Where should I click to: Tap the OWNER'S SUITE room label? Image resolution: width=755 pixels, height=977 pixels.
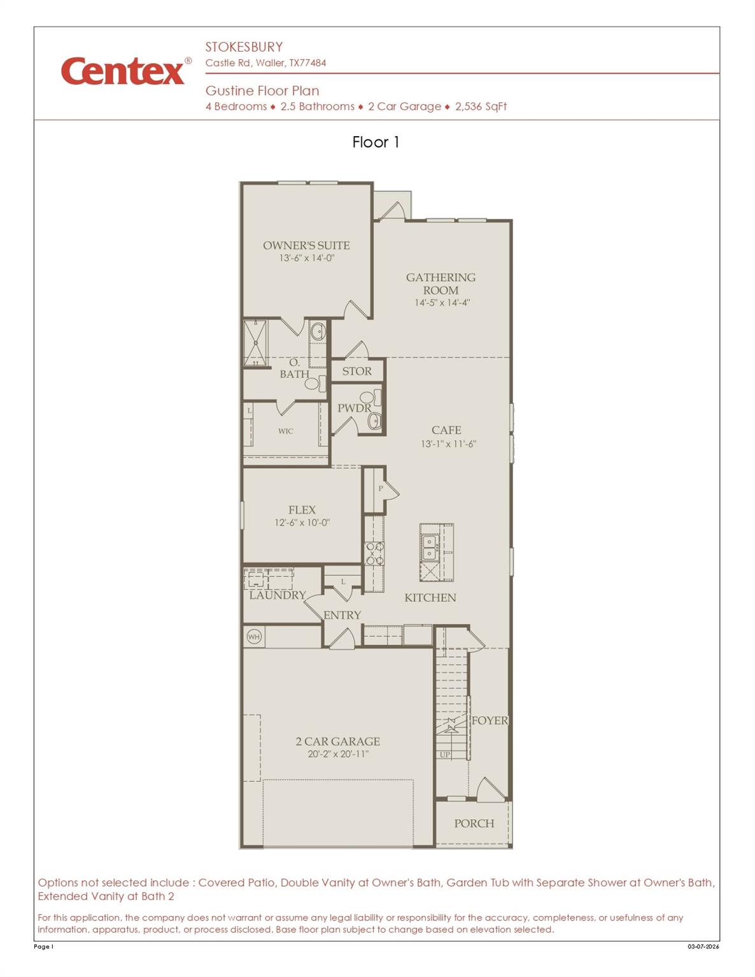[x=306, y=246]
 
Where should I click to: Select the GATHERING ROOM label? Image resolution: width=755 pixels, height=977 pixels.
[x=441, y=284]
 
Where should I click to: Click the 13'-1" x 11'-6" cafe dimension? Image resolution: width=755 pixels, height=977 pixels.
[x=448, y=444]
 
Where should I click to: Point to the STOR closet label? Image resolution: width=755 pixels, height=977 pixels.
[x=356, y=371]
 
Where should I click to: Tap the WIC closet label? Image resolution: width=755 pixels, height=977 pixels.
[x=286, y=431]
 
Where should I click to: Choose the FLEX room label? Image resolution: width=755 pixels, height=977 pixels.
[x=302, y=510]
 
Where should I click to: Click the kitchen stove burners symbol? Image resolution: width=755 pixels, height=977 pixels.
[x=374, y=553]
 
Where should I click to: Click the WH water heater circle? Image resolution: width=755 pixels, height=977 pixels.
[x=254, y=636]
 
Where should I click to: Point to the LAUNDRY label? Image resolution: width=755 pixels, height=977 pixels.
[x=278, y=595]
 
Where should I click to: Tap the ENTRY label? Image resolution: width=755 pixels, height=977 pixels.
[x=342, y=615]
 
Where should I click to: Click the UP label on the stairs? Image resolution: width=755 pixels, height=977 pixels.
[x=444, y=754]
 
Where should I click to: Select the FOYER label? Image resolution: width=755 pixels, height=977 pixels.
[x=490, y=721]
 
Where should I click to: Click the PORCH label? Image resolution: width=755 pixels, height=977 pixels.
[x=474, y=824]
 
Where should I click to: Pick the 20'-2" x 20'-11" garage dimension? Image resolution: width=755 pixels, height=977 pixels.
[x=338, y=754]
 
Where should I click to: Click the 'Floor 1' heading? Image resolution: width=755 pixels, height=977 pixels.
[x=376, y=142]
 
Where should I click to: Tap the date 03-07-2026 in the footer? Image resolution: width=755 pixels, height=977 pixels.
[x=703, y=946]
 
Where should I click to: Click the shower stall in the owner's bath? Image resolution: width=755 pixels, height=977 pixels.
[x=255, y=343]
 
